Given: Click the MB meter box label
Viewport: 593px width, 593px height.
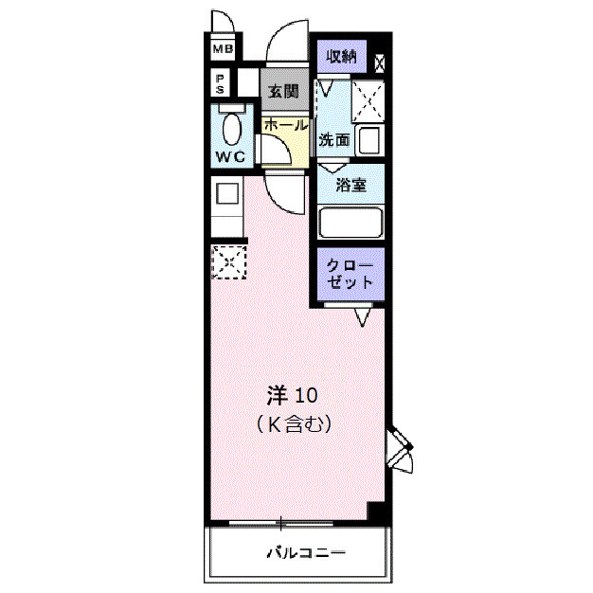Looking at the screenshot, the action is (224, 49).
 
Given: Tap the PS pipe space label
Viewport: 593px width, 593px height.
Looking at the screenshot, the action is (220, 84).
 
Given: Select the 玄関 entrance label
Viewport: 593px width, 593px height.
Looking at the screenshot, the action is (283, 92).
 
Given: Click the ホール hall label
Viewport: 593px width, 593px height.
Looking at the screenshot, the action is (286, 125).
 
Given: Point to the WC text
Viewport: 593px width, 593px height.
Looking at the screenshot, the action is (230, 156).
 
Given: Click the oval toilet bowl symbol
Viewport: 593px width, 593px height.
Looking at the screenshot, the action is (232, 129).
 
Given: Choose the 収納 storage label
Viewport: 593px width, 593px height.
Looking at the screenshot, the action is (342, 56).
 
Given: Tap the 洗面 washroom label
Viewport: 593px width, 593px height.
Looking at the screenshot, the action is (334, 139).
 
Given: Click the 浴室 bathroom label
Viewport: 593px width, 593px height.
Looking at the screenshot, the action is (351, 185).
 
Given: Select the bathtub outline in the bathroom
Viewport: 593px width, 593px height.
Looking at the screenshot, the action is (350, 223).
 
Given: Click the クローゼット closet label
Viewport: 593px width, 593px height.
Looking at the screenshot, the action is (350, 274).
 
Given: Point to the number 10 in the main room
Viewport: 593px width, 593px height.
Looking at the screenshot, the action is (306, 396).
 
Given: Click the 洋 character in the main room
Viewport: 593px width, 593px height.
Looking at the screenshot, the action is (278, 396).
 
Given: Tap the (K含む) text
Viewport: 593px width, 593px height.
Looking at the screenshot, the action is (295, 424).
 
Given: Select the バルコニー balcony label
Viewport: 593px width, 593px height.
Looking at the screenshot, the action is (306, 553).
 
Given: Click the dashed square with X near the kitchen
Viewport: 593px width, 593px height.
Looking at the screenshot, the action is (229, 262).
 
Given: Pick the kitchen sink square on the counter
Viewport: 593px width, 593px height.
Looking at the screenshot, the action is (227, 193).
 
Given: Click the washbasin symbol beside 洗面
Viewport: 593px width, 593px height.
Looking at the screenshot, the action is (368, 140).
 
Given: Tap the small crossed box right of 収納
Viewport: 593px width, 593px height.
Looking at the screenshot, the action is (380, 63).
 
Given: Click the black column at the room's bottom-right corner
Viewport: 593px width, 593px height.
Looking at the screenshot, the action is (377, 512).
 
